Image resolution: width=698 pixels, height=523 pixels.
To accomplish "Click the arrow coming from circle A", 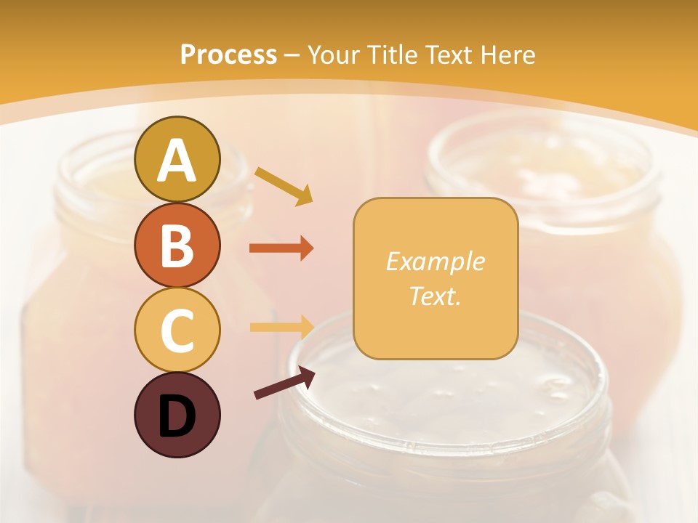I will pos(284,185).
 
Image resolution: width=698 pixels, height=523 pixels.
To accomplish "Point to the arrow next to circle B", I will pos(281,248).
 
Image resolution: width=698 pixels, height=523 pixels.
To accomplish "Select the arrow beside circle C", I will pos(281,327).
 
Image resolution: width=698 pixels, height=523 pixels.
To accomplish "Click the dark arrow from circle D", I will pos(284,383).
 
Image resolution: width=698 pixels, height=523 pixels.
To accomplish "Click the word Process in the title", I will pos(228,54).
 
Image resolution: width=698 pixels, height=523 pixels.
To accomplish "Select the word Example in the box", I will pos(435,261).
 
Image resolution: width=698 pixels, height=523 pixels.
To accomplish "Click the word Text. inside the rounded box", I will pos(435,296).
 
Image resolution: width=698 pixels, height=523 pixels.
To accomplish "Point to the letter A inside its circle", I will pos(177,161).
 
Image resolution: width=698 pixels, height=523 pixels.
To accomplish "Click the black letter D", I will pos(177,416).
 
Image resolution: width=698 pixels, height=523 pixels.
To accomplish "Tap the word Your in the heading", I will pos(333,54).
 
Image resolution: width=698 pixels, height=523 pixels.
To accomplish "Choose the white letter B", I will pos(177,246).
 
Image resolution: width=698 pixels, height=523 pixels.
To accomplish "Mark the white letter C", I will pos(177,331).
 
